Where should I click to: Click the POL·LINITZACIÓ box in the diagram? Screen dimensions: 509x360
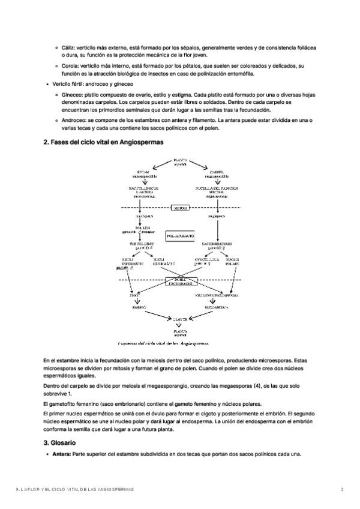click(x=181, y=236)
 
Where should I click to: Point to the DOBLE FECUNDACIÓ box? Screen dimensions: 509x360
click(x=181, y=281)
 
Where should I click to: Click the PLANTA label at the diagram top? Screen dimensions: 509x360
click(x=181, y=161)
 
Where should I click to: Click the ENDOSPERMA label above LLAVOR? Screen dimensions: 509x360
click(x=217, y=307)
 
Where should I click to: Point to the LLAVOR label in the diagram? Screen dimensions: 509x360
click(x=181, y=319)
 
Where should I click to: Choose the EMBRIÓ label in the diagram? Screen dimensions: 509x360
click(x=139, y=307)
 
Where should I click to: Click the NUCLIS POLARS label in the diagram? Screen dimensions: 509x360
click(x=233, y=261)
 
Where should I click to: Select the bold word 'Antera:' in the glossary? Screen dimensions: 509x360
click(x=61, y=454)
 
